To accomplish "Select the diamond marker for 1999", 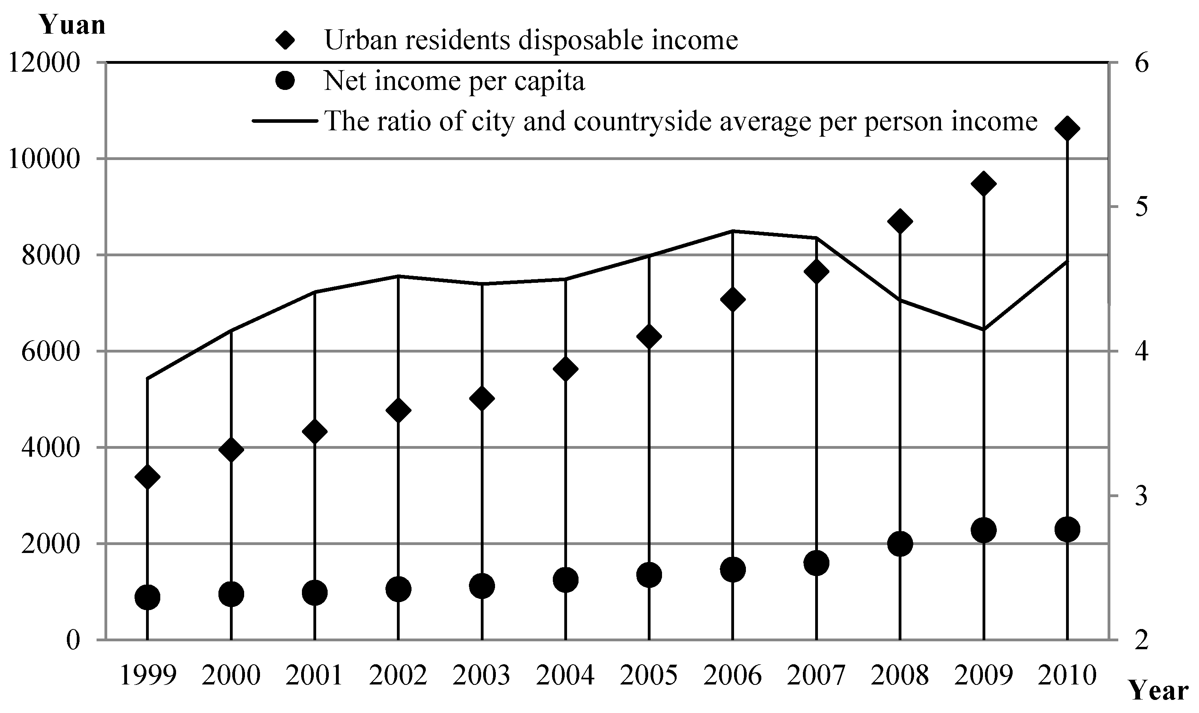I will tap(147, 477).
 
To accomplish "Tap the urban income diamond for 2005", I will tap(649, 336).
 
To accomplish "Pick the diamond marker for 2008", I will tap(900, 221).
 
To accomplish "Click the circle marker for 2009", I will tap(983, 530).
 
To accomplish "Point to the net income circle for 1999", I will tap(147, 597).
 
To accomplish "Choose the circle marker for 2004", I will tap(565, 580).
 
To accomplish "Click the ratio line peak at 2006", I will tap(732, 231).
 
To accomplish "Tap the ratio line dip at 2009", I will tap(983, 330).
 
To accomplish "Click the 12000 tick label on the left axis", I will tap(44, 63).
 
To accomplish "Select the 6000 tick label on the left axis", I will tap(50, 352).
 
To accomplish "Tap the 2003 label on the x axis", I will tap(482, 675).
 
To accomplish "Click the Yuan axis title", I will tap(72, 25).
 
